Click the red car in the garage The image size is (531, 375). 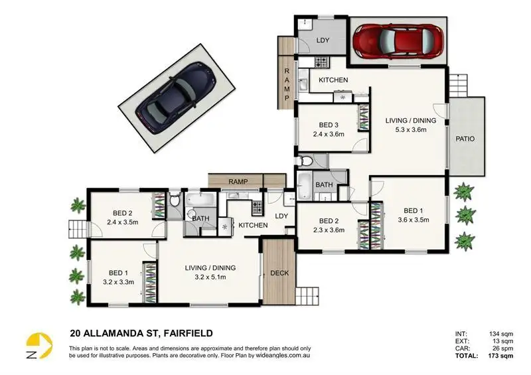pyautogui.click(x=397, y=40)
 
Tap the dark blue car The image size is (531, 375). pyautogui.click(x=177, y=98)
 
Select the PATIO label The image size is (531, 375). pyautogui.click(x=464, y=139)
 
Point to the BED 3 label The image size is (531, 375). pyautogui.click(x=329, y=125)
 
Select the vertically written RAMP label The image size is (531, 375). pyautogui.click(x=287, y=84)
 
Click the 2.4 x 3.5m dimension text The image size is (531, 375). pyautogui.click(x=121, y=222)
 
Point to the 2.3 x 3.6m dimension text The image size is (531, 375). pyautogui.click(x=329, y=230)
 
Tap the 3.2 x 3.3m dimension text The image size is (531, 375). pyautogui.click(x=117, y=281)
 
